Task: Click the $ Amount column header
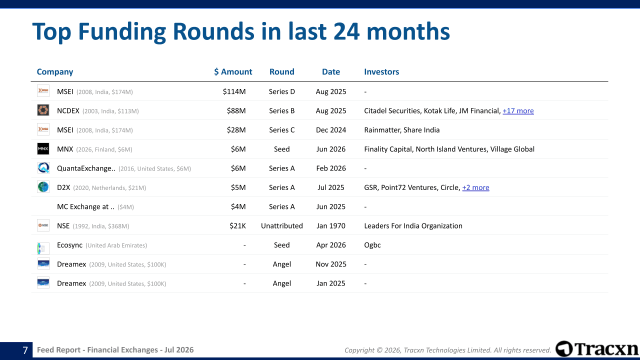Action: point(233,71)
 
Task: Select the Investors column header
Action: point(381,71)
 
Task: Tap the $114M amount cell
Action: point(234,91)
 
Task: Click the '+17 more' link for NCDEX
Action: point(518,111)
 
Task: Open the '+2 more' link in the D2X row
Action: point(475,187)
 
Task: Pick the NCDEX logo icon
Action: point(43,110)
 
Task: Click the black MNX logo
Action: point(43,149)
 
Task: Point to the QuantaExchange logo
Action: point(43,167)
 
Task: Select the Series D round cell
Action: point(281,91)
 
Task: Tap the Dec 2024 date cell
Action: point(331,130)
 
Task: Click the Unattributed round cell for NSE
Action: point(281,225)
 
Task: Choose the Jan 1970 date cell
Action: point(331,225)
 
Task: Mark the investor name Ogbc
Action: point(372,245)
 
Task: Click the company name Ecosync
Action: point(69,245)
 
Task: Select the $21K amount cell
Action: point(237,225)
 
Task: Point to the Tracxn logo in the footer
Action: point(597,349)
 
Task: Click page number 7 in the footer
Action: point(25,350)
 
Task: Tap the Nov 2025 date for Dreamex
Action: point(331,264)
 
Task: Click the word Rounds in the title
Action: point(213,31)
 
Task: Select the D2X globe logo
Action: point(43,187)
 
